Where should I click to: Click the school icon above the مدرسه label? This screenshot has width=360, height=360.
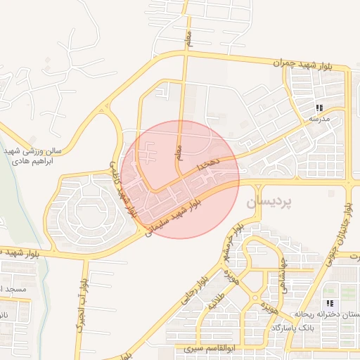(x=319, y=108)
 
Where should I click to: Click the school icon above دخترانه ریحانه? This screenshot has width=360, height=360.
(x=330, y=304)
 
